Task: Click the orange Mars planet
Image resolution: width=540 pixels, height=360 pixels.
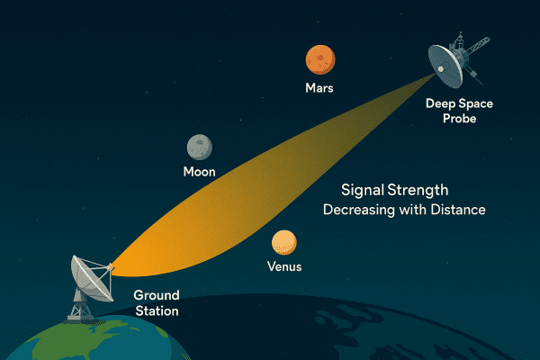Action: click(320, 59)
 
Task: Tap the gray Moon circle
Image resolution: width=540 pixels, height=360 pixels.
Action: click(199, 147)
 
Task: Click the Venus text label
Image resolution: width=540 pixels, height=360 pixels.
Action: click(284, 267)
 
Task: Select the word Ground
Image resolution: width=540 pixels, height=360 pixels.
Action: click(157, 295)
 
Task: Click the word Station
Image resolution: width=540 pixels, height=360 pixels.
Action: click(157, 310)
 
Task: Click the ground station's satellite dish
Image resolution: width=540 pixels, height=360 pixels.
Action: click(89, 275)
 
